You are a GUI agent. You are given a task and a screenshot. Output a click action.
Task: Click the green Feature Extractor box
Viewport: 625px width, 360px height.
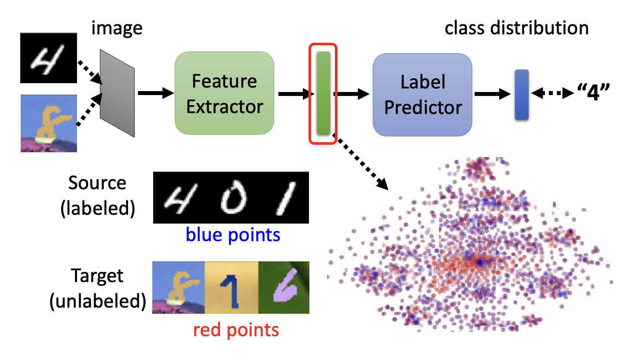pos(224,93)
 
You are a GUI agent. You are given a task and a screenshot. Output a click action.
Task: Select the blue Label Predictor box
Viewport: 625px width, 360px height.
pos(423,95)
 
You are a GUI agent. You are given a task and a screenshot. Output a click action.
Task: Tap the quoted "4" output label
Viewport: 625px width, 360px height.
pos(594,93)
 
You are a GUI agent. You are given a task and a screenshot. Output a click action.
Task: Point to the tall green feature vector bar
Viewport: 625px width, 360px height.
pos(323,93)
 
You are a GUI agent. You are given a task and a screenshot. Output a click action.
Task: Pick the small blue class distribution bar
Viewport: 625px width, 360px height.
pos(522,94)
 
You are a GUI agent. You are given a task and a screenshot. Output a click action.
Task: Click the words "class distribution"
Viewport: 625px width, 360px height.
pos(516,28)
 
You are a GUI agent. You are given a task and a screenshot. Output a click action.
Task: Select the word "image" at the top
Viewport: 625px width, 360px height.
pos(117,28)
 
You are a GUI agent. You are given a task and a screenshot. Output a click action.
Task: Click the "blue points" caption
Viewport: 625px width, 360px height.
pos(233,235)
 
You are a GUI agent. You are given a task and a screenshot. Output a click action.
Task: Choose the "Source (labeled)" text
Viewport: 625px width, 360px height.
pos(97,195)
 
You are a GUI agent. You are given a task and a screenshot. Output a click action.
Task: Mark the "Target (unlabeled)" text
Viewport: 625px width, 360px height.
pos(97,289)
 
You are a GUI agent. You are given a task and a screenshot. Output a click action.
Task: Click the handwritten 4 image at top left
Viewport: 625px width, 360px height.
pos(48,58)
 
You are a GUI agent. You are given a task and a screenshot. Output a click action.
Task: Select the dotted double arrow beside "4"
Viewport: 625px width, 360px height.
pos(552,93)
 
